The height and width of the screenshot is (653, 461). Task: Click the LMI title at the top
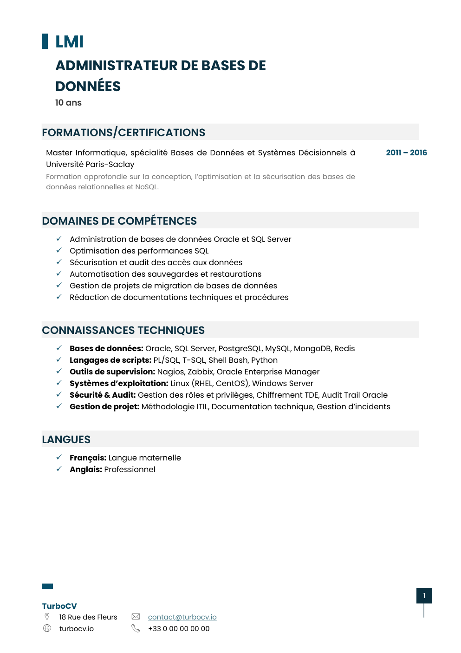click(69, 42)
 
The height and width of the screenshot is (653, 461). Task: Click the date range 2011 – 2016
click(406, 153)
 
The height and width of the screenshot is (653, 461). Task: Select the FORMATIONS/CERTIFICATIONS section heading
click(123, 133)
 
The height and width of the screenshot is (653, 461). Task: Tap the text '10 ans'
click(68, 103)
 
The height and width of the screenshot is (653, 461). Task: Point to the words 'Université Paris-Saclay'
click(90, 164)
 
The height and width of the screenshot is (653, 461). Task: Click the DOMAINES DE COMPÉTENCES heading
click(119, 221)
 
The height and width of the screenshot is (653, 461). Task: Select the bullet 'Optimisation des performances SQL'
click(139, 251)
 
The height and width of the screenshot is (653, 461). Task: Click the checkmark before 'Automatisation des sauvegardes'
click(59, 273)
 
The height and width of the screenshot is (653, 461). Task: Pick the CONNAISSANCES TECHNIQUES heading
click(123, 330)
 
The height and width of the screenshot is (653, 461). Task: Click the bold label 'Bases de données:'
click(106, 348)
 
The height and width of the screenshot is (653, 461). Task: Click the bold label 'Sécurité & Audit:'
click(103, 395)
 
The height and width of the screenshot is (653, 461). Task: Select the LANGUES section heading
click(66, 440)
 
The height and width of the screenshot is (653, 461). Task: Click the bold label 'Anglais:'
click(86, 469)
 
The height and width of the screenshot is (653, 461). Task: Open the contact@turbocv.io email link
click(182, 617)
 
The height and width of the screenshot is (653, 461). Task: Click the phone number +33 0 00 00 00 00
click(179, 629)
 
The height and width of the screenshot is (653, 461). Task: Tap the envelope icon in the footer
click(136, 617)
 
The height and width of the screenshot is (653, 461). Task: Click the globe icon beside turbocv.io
click(47, 628)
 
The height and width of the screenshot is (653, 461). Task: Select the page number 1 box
click(424, 596)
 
